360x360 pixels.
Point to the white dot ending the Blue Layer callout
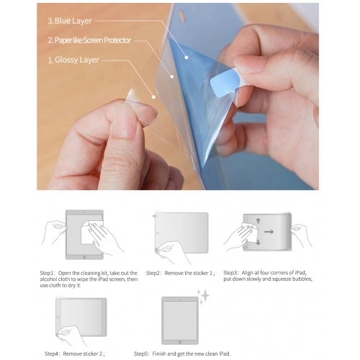click(x=186, y=56)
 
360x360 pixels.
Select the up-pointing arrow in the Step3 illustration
click(x=246, y=220)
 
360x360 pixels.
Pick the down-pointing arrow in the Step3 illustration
click(x=246, y=244)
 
